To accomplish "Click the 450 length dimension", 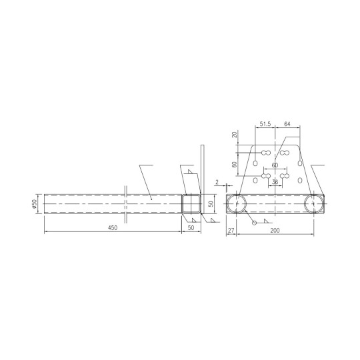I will coord(113,228).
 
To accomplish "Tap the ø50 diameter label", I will coord(33,205).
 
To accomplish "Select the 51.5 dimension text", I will coord(266,124).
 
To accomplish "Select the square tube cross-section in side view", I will coord(191,205).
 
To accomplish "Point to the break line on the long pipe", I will coord(125,204).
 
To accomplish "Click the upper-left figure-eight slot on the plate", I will coord(266,153).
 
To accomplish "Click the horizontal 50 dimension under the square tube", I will coord(191,228).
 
